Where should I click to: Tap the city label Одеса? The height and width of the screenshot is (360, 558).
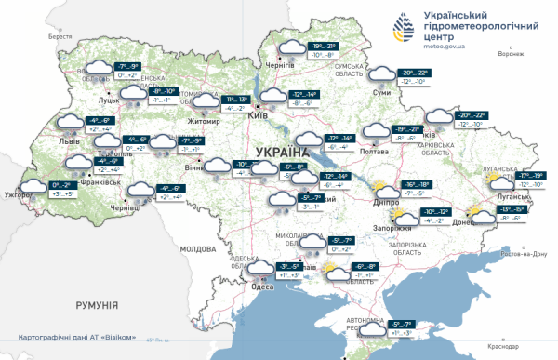[262, 286]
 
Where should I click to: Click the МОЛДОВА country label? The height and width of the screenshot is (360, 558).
[197, 249]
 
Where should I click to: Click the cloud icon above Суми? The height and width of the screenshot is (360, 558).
[380, 74]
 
